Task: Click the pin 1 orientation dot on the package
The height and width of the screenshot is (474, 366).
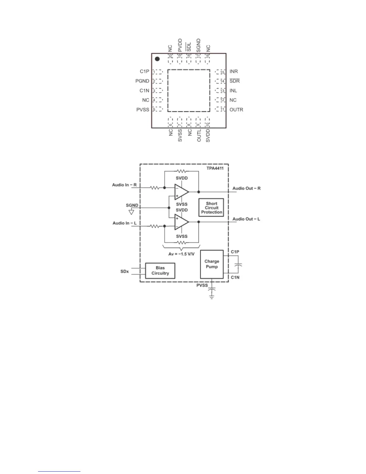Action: click(157, 59)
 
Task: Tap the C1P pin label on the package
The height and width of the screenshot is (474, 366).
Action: click(144, 72)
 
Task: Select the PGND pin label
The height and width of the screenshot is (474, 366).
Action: click(142, 81)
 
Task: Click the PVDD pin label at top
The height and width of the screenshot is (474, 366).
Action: click(180, 45)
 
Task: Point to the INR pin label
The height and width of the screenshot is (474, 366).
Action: click(234, 72)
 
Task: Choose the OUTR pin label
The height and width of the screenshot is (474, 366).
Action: click(236, 110)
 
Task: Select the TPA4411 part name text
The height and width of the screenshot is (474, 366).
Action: click(215, 168)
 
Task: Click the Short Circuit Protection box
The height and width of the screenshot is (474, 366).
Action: click(211, 208)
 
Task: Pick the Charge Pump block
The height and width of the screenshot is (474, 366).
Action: click(212, 264)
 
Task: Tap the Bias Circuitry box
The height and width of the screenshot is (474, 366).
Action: click(160, 271)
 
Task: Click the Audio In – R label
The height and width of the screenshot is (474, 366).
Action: click(124, 185)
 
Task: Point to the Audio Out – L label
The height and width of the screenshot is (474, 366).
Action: click(246, 219)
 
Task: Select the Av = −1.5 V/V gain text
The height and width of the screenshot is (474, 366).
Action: click(182, 254)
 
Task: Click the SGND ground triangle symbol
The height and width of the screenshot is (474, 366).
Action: click(131, 212)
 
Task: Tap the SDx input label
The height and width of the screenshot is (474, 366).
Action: click(124, 271)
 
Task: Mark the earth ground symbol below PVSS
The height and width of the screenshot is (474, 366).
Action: click(212, 297)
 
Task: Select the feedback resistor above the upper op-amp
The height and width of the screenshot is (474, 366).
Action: click(182, 171)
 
